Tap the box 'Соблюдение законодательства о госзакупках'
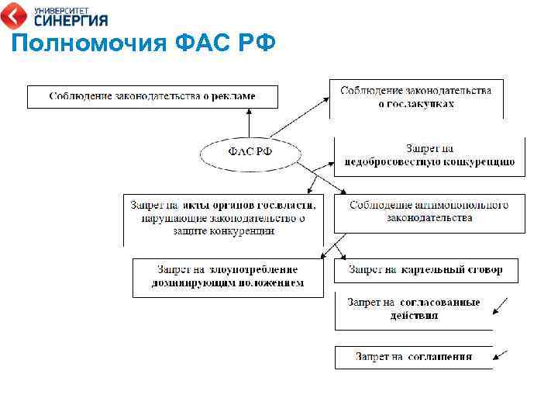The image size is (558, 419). [x=416, y=98]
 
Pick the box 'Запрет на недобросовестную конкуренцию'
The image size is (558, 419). [x=429, y=156]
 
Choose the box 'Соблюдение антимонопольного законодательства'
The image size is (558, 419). [x=429, y=212]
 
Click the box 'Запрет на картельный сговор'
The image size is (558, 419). [x=425, y=270]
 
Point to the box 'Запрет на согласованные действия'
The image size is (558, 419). [x=414, y=309]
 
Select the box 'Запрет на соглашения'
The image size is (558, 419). [x=414, y=357]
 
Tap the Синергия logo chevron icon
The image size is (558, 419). [x=16, y=15]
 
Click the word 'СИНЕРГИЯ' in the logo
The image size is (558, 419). [x=71, y=20]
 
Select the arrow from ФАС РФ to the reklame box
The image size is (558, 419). [x=249, y=121]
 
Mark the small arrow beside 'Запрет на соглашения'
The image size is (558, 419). [x=501, y=356]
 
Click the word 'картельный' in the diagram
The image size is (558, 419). [x=431, y=270]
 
